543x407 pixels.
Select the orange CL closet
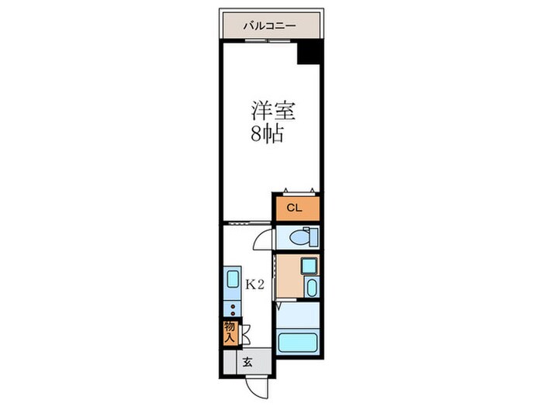295,208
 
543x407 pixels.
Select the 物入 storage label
230,333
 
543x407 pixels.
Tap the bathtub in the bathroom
299,343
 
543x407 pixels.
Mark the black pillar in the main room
309,53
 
